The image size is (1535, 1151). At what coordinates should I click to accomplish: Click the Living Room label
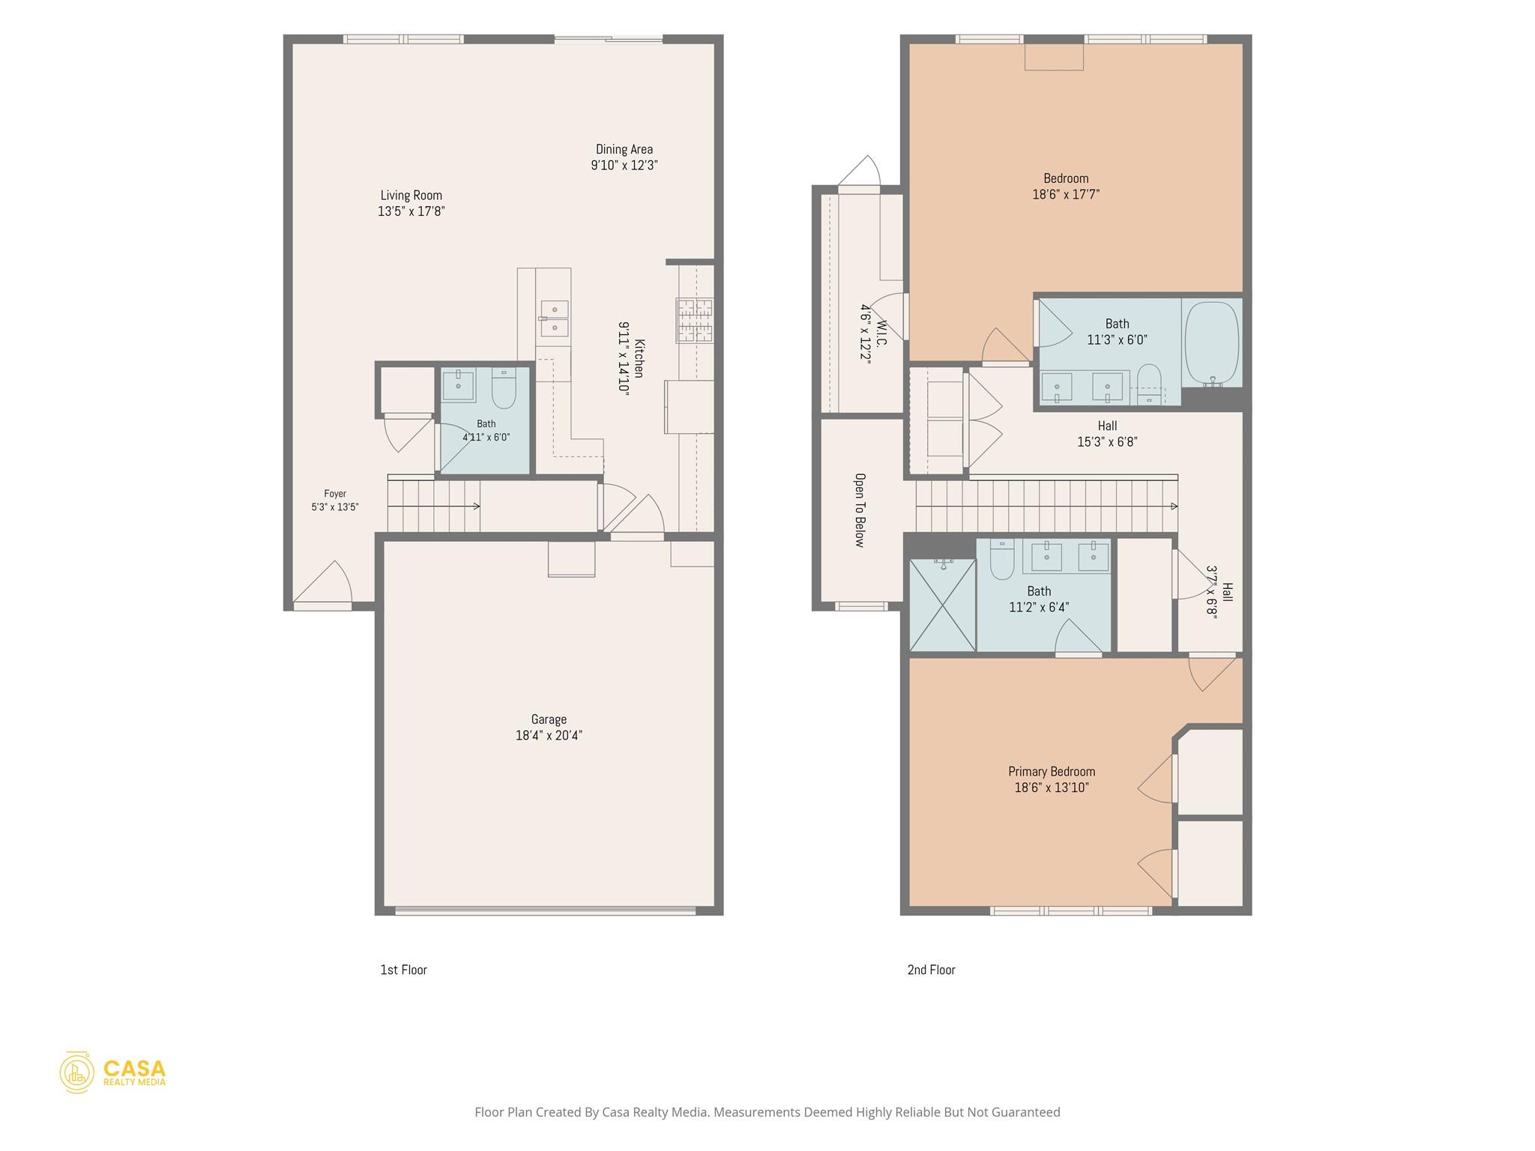(x=411, y=196)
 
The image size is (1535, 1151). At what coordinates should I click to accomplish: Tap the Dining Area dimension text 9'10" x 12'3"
(x=624, y=165)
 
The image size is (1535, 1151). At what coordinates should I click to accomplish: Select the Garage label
(x=549, y=719)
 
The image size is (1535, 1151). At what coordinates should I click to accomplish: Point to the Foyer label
(x=335, y=494)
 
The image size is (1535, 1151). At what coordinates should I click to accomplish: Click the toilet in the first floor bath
(x=504, y=388)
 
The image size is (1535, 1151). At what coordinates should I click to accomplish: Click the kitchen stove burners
(x=695, y=321)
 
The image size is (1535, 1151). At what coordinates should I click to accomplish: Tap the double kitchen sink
(x=554, y=318)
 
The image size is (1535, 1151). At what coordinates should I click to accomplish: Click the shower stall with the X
(x=942, y=605)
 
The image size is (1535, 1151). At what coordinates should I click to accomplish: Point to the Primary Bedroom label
(x=1052, y=772)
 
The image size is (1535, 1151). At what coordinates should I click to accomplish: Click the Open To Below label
(x=860, y=510)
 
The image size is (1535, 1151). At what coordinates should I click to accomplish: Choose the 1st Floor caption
(x=403, y=970)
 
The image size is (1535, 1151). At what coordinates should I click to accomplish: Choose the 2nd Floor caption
(x=931, y=970)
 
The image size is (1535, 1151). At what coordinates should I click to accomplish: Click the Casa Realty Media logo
(x=112, y=1072)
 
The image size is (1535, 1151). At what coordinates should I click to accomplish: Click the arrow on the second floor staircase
(x=1046, y=507)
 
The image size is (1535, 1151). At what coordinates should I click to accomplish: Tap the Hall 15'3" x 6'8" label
(x=1107, y=434)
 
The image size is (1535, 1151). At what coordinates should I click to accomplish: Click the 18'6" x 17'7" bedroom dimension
(x=1066, y=194)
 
